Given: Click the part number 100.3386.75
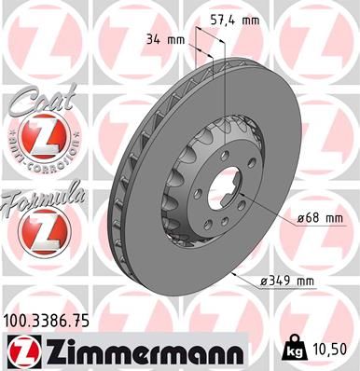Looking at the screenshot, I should click(52, 319).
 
